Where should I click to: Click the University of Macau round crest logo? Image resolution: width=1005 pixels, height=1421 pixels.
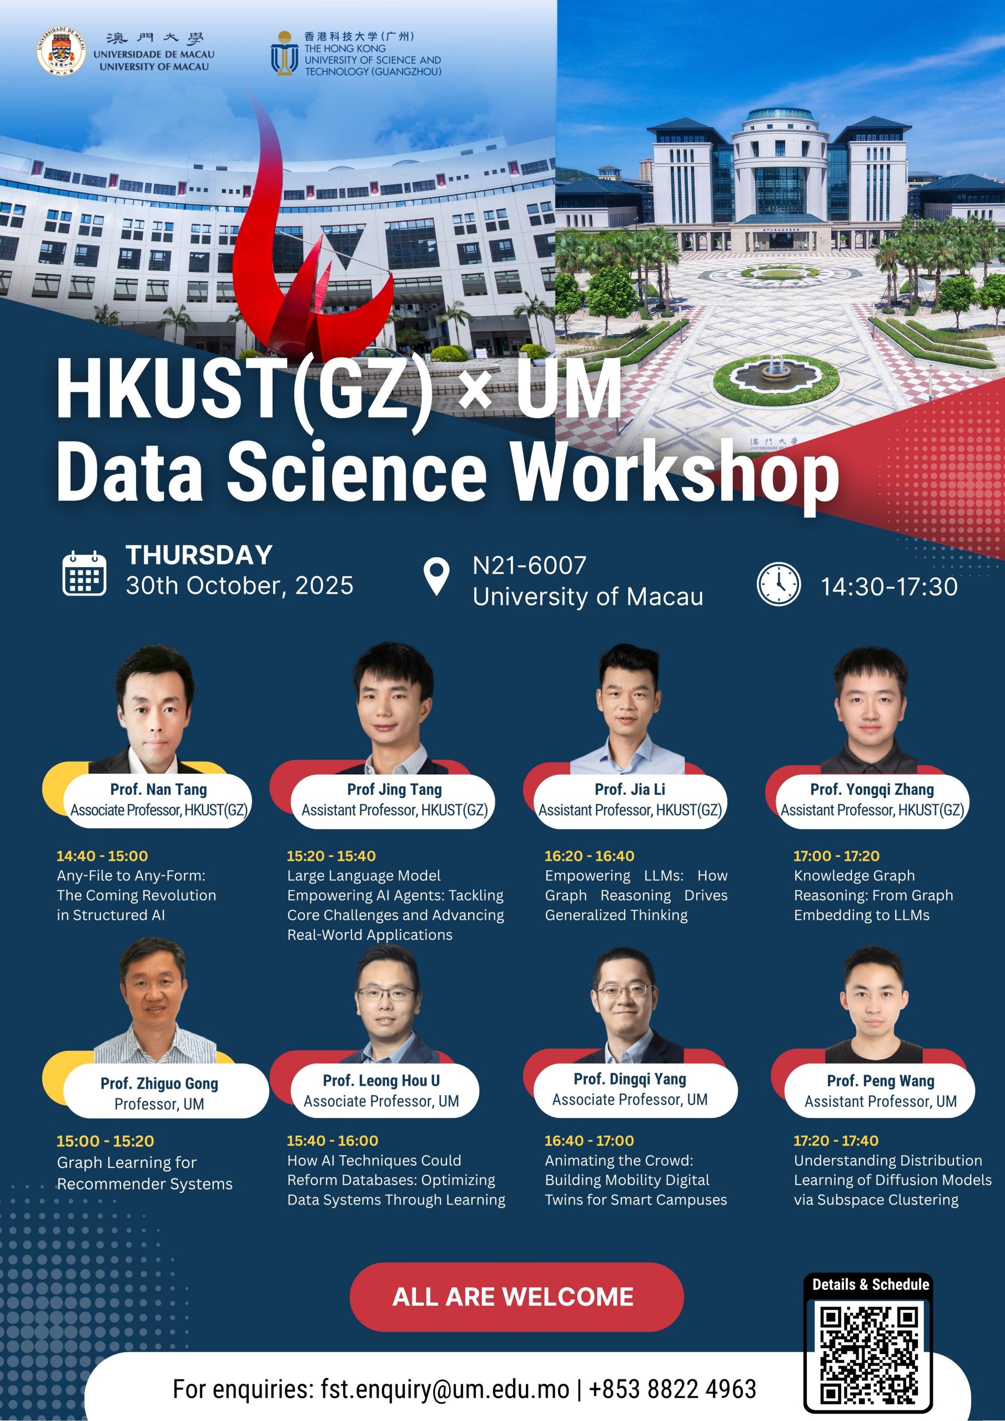(x=61, y=51)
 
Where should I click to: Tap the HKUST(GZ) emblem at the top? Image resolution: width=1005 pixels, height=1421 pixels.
(x=284, y=54)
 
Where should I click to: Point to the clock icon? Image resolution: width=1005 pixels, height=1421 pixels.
(x=778, y=583)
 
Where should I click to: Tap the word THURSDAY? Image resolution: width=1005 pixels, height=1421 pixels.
(x=199, y=555)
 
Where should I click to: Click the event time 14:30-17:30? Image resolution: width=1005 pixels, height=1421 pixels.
(x=889, y=587)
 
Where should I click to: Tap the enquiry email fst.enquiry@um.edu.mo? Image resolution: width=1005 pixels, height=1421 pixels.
(x=445, y=1389)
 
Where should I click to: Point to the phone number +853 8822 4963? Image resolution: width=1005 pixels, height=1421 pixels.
(x=672, y=1389)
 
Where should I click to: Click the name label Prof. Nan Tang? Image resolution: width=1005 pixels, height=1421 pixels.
(x=158, y=789)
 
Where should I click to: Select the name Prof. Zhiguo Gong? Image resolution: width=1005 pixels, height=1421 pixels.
(x=159, y=1083)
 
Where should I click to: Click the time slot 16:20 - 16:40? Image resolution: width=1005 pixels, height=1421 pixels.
(x=590, y=856)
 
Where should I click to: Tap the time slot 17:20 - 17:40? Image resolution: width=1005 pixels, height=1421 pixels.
(x=836, y=1141)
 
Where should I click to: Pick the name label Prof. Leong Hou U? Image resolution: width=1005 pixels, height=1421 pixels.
(x=381, y=1081)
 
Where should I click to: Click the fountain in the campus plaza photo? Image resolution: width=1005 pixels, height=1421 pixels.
(x=776, y=373)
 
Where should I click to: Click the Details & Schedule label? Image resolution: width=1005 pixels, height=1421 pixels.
(x=871, y=1284)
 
